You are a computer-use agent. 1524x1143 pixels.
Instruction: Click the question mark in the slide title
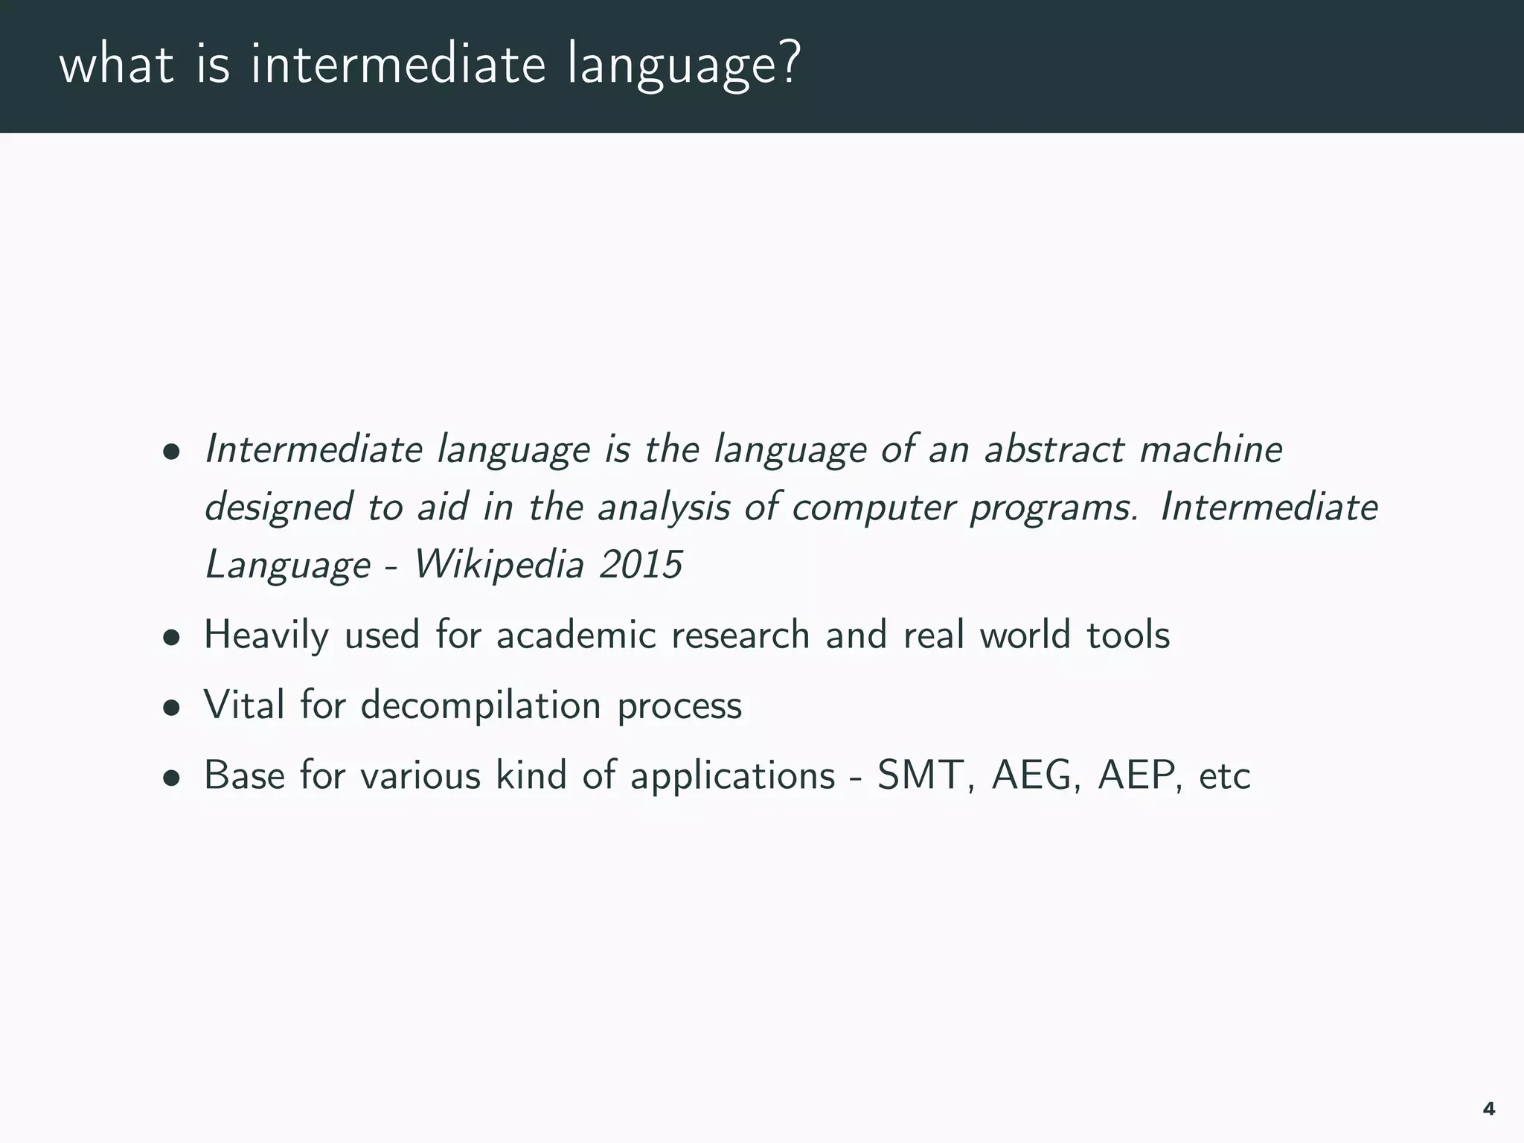coord(786,64)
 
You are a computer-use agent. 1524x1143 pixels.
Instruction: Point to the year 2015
coord(641,564)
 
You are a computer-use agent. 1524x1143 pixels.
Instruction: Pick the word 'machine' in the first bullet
coord(1210,449)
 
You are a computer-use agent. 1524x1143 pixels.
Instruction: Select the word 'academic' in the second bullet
coord(576,635)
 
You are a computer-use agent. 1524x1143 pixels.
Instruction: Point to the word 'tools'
coord(1128,635)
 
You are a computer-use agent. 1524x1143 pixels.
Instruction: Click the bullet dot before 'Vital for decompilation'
coord(172,708)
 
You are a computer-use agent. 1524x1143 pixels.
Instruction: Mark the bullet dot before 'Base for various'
coord(172,778)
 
